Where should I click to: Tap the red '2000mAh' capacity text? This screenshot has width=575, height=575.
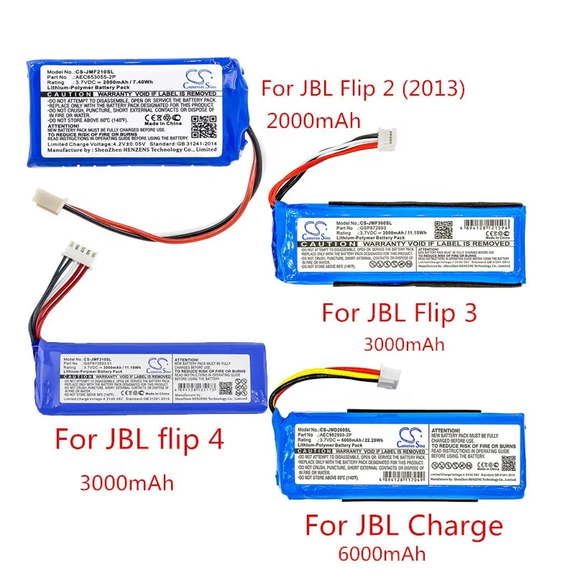click(313, 121)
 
